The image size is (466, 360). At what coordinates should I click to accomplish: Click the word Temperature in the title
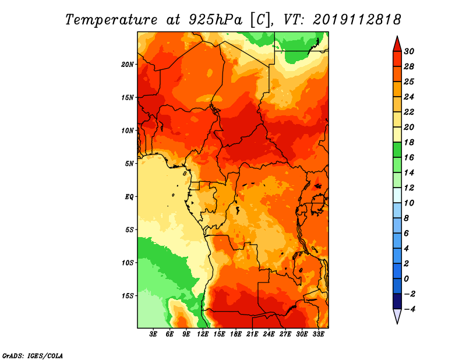click(111, 20)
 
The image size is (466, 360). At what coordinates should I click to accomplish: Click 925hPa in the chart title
click(216, 20)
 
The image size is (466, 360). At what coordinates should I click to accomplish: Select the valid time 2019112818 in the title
click(357, 20)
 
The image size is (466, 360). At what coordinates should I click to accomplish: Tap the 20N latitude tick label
click(128, 64)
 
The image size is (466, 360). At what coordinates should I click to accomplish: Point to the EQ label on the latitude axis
click(129, 197)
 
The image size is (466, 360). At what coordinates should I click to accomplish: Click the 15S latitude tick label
click(128, 296)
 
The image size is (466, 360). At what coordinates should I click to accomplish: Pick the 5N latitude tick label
click(129, 164)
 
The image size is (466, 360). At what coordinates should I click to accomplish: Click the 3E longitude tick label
click(153, 334)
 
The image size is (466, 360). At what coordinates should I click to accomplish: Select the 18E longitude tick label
click(236, 334)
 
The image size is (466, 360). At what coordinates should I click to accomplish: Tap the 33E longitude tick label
click(318, 334)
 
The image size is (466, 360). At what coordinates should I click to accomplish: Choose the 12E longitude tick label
click(203, 334)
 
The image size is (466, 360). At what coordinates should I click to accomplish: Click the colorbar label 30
click(409, 51)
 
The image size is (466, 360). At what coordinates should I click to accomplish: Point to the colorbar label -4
click(409, 309)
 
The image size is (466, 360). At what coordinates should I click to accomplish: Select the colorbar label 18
click(409, 142)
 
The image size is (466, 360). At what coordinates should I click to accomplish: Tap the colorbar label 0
click(407, 279)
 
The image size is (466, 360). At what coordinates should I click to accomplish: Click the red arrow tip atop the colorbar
click(397, 37)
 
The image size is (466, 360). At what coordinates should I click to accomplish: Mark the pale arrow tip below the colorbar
click(397, 323)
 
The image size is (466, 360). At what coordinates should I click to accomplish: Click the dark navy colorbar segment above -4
click(397, 301)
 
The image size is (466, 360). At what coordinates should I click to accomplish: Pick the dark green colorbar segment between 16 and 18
click(397, 150)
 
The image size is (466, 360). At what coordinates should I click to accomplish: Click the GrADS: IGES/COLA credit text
click(33, 356)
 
